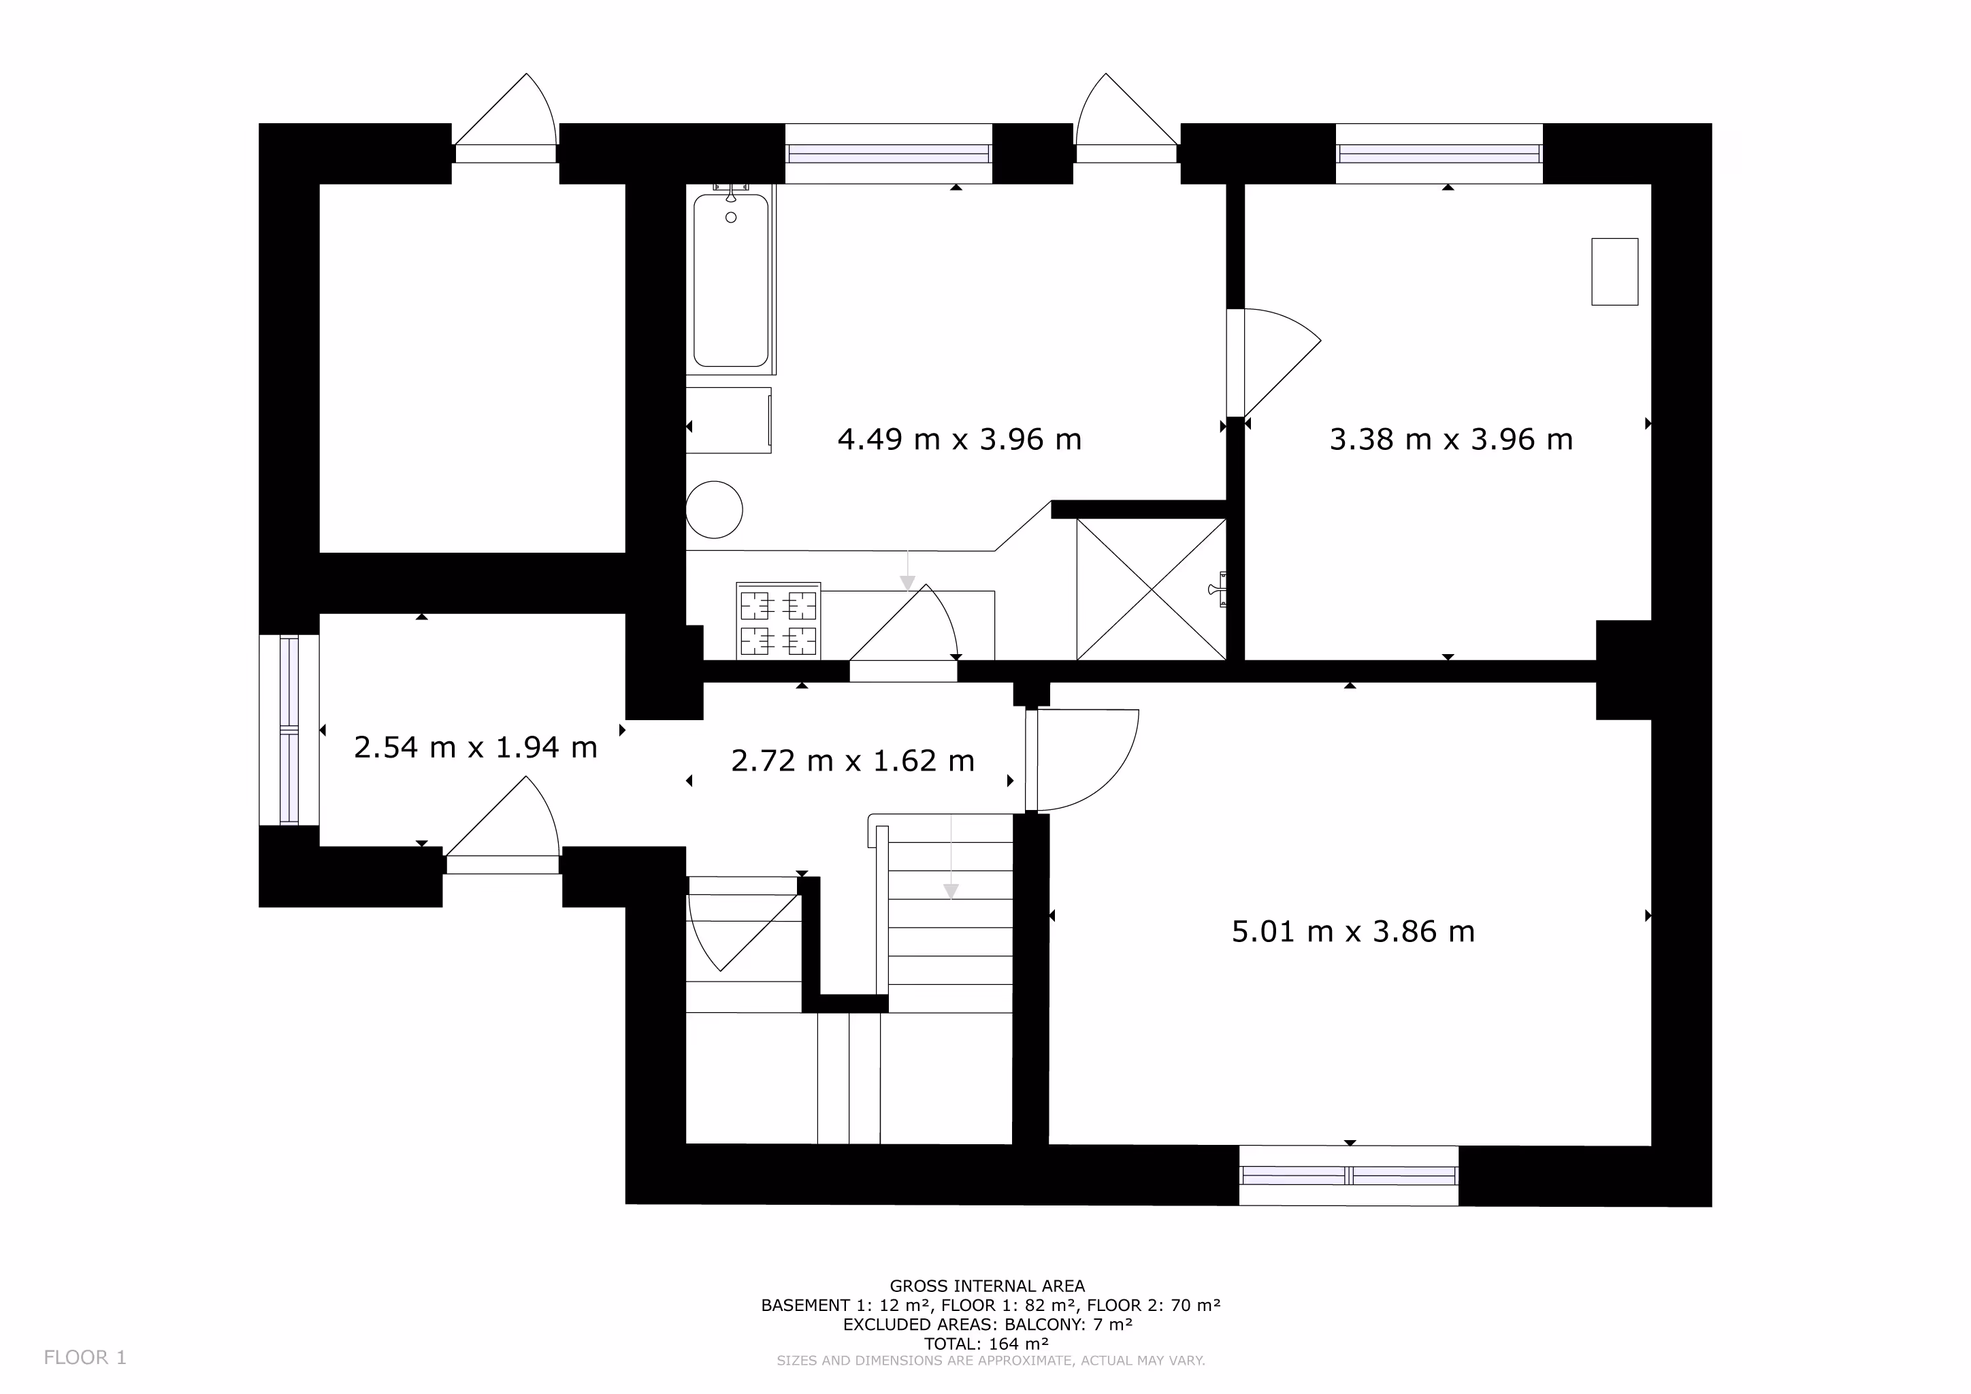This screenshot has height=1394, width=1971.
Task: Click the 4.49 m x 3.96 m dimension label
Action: point(959,440)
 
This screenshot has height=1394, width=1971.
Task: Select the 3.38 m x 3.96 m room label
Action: point(1451,440)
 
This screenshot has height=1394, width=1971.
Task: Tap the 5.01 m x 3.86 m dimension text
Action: point(1353,931)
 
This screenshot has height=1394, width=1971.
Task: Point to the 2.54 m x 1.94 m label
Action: point(476,747)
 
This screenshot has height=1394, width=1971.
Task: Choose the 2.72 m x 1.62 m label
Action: point(852,760)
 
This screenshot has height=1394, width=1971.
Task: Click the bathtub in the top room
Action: point(732,280)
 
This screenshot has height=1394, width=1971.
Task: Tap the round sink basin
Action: point(714,510)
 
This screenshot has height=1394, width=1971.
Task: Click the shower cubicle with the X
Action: point(1151,589)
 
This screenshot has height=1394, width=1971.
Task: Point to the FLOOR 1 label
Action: point(85,1357)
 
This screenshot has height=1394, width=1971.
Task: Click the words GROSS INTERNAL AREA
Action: point(988,1286)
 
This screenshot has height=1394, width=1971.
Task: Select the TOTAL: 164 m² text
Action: point(988,1344)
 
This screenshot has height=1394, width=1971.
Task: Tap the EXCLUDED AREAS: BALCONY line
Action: point(988,1325)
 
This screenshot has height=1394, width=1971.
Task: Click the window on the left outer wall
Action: point(289,730)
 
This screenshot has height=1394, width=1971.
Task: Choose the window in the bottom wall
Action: point(1349,1175)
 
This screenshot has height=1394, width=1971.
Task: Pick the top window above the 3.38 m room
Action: point(1439,154)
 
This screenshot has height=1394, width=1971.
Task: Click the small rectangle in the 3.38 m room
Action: point(1615,272)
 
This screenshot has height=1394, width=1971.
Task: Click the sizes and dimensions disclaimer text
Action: point(991,1361)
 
